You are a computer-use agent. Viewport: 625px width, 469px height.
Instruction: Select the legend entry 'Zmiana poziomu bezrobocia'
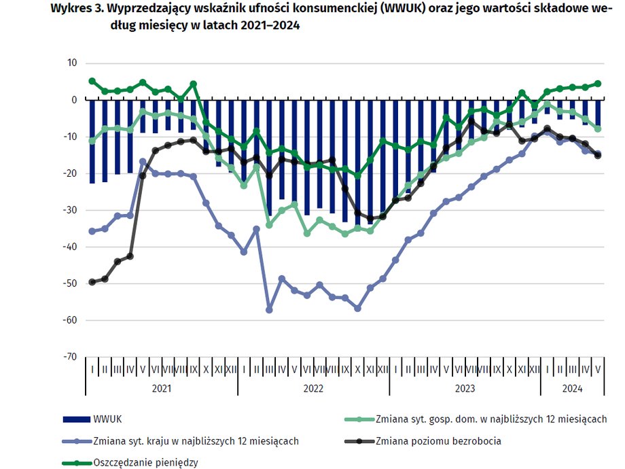pos(437,440)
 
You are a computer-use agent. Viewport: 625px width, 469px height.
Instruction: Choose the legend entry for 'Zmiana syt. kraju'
pos(196,440)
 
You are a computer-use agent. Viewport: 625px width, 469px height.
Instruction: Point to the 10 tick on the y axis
pos(72,63)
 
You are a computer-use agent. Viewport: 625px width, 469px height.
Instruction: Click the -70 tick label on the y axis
pos(70,356)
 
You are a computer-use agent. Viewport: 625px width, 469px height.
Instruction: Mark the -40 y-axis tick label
pos(70,247)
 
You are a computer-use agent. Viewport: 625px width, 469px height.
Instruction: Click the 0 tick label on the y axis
pos(75,100)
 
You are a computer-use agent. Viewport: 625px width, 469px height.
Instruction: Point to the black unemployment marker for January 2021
pos(92,281)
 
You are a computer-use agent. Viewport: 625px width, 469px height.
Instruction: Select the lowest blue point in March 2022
pos(269,310)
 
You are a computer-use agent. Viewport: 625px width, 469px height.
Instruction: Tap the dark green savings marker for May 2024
pos(598,84)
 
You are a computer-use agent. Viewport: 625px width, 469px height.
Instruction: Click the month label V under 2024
pos(598,370)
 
